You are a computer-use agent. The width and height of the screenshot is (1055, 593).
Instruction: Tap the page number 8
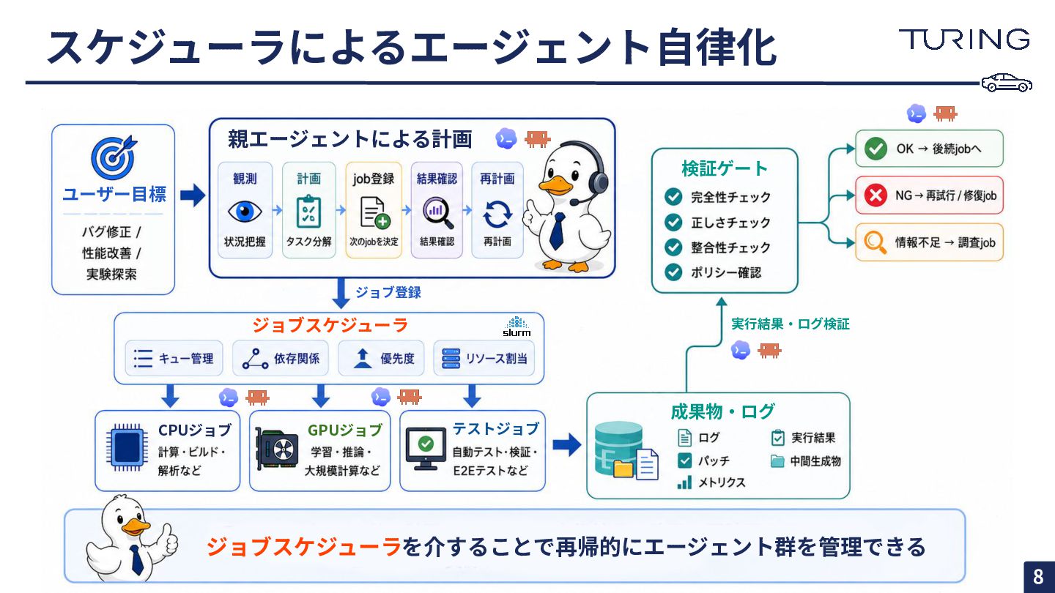coord(1038,577)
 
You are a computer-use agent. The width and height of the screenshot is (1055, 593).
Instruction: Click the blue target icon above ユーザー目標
coord(114,157)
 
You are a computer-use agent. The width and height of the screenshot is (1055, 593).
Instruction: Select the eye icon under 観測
coord(245,211)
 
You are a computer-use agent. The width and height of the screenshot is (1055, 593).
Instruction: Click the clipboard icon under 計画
coord(309,212)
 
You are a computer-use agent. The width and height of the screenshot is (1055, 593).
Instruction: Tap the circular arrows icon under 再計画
coord(497,214)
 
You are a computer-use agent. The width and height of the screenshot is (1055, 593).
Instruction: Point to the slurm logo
coord(517,327)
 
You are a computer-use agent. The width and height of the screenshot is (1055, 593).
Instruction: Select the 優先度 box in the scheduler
coord(381,359)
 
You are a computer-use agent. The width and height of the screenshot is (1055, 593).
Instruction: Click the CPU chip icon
coord(125,447)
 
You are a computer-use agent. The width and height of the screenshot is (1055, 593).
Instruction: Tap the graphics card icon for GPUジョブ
coord(276,449)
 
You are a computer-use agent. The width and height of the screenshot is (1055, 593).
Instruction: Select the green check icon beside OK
coord(876,149)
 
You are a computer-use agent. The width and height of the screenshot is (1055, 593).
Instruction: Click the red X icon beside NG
coord(876,195)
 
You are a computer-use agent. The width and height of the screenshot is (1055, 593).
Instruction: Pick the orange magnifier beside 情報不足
coord(875,243)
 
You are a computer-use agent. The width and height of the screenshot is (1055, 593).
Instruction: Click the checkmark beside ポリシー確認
coord(673,272)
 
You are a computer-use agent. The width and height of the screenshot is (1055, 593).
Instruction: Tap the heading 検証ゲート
coord(725,168)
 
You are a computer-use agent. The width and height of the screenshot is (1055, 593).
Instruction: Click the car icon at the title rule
coord(1007,83)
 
